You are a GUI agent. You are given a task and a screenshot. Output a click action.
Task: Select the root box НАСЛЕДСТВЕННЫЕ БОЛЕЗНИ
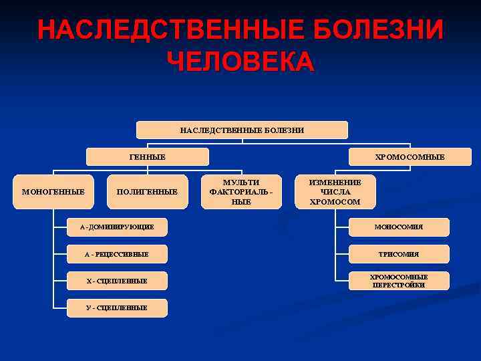(x=242, y=130)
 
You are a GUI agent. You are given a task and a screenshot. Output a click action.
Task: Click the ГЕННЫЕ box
(x=148, y=156)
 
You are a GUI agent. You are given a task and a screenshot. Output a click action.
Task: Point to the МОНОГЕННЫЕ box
(x=53, y=192)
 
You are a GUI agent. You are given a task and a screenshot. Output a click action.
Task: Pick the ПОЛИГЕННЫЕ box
(x=147, y=192)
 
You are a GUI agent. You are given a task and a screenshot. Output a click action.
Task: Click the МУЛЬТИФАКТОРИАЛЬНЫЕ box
(x=241, y=192)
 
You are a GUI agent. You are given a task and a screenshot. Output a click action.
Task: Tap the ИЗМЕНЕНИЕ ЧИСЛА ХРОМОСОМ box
(x=335, y=192)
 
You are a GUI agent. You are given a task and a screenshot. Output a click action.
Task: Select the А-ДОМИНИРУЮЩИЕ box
(x=117, y=227)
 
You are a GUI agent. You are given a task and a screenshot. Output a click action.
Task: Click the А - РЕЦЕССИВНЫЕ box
(x=117, y=254)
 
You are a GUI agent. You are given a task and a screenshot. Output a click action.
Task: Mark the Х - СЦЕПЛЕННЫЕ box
(x=117, y=281)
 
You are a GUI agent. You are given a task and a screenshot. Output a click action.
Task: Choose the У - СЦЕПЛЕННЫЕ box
(x=117, y=308)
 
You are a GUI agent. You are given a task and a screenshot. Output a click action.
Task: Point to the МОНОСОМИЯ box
(x=399, y=227)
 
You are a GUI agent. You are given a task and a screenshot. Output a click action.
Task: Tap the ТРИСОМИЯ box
(x=399, y=254)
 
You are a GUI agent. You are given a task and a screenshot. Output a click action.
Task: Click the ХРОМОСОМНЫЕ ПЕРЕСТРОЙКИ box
(x=399, y=281)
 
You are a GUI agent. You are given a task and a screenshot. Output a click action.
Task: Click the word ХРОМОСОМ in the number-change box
(x=335, y=201)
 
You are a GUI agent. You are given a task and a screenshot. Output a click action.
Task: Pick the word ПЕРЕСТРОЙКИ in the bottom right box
(x=399, y=285)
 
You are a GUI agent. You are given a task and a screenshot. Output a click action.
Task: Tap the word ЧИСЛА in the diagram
(x=335, y=192)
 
